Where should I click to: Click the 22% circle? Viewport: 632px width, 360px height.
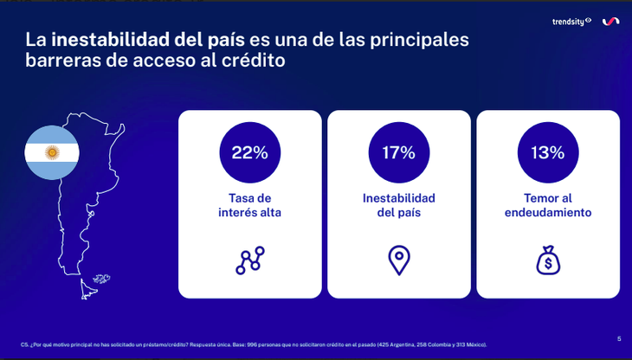click(x=249, y=153)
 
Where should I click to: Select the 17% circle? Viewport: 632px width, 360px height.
click(x=398, y=153)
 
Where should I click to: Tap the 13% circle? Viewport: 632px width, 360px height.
click(x=547, y=153)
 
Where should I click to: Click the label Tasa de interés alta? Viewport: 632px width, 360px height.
click(x=249, y=205)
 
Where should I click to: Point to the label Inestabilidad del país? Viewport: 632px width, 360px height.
click(x=398, y=205)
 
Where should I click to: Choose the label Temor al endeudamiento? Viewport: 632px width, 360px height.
click(x=547, y=205)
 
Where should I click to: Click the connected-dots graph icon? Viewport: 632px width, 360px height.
click(x=249, y=260)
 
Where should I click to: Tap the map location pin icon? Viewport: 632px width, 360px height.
click(x=398, y=260)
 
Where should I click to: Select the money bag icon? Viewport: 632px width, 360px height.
click(x=547, y=260)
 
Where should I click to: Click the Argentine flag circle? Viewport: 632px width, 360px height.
click(x=51, y=153)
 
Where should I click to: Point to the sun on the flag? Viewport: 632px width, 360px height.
click(x=51, y=153)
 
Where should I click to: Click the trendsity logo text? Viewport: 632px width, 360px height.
click(x=569, y=21)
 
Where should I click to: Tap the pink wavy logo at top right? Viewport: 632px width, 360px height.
click(x=610, y=22)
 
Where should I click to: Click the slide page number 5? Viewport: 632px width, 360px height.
click(x=619, y=337)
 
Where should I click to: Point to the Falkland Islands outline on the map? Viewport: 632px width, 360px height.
click(x=103, y=279)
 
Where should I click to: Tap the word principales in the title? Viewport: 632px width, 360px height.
click(x=422, y=41)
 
